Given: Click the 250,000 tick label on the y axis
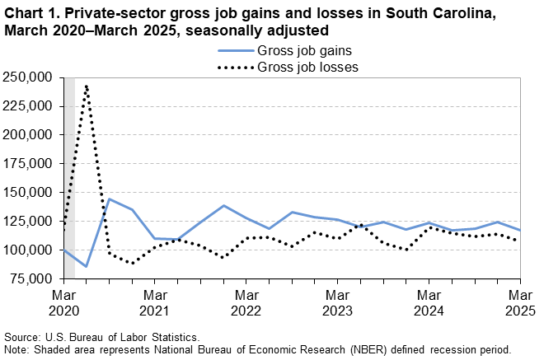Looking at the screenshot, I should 28,77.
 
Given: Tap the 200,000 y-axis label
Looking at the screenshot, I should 28,135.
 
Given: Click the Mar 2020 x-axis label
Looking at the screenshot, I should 64,302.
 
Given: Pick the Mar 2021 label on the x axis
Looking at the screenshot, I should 155,302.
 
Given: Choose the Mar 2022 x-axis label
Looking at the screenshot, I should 246,302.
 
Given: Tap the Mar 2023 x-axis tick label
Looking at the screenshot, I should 337,302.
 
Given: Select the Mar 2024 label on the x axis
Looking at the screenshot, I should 428,302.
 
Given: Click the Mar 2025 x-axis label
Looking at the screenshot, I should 519,302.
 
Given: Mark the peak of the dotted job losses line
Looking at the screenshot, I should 87,85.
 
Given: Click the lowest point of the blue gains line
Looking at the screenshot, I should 87,266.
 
